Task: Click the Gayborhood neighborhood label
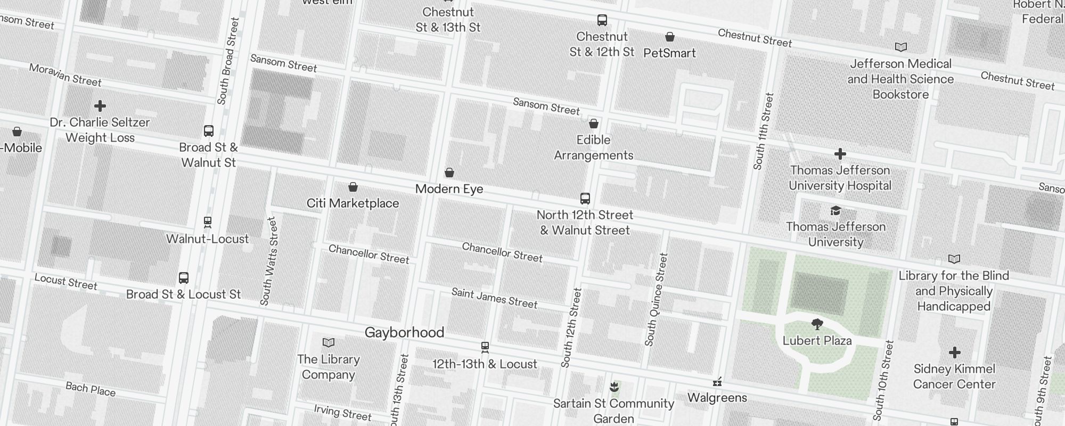[404, 333]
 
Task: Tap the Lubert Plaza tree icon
[817, 324]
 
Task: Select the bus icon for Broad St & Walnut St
[209, 131]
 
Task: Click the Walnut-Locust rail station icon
[208, 222]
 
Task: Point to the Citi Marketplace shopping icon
[353, 187]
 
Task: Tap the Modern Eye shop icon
[449, 173]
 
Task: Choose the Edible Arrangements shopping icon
[594, 124]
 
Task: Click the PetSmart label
[669, 53]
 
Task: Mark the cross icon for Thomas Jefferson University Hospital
[840, 154]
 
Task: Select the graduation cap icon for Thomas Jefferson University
[835, 211]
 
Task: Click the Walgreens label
[717, 398]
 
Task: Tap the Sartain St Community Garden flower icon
[614, 386]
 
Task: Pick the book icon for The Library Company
[329, 342]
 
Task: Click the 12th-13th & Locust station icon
[485, 347]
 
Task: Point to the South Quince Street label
[656, 299]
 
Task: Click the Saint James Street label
[494, 298]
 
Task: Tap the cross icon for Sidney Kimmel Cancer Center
[954, 353]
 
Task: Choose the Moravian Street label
[65, 75]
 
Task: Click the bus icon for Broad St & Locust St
[184, 278]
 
